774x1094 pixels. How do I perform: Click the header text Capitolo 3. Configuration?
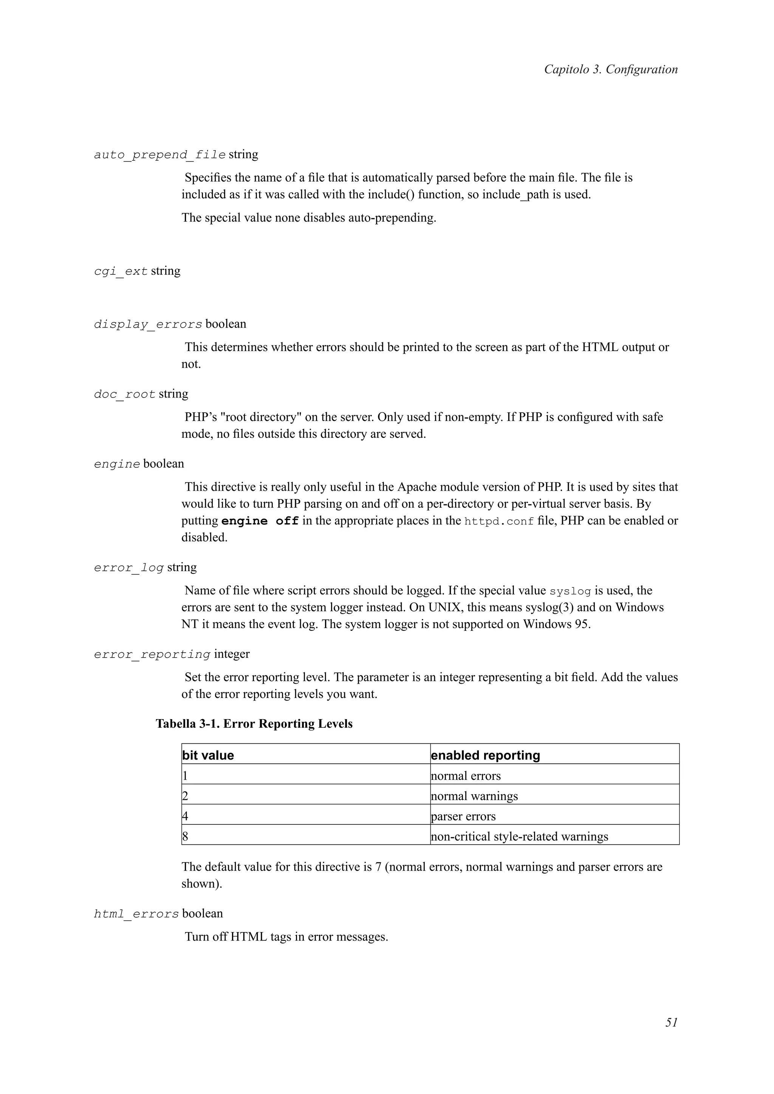pos(610,69)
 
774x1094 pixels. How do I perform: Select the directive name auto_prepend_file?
pos(160,155)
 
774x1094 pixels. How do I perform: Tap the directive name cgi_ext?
pos(121,271)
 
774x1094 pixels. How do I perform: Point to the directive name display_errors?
pos(148,325)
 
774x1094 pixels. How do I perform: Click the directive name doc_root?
pos(124,394)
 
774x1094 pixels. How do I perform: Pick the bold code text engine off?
pos(260,521)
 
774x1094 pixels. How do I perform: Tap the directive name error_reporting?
pos(152,655)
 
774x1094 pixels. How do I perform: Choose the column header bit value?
pos(208,756)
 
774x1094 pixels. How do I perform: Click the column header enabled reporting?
pos(485,756)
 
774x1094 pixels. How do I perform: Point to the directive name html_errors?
pos(136,914)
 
